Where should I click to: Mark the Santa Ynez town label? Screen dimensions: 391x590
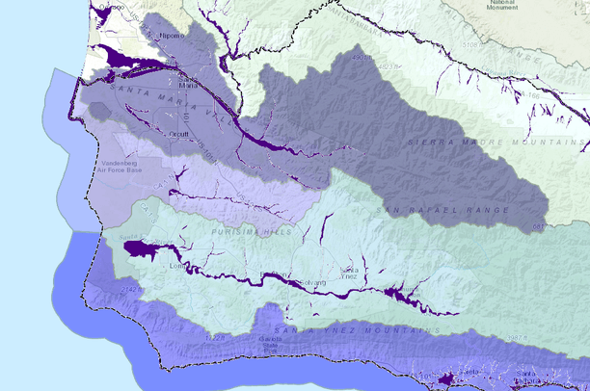[x=349, y=272]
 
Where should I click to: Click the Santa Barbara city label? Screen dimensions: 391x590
[x=526, y=375]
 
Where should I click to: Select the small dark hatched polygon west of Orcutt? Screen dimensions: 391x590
[x=99, y=108]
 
